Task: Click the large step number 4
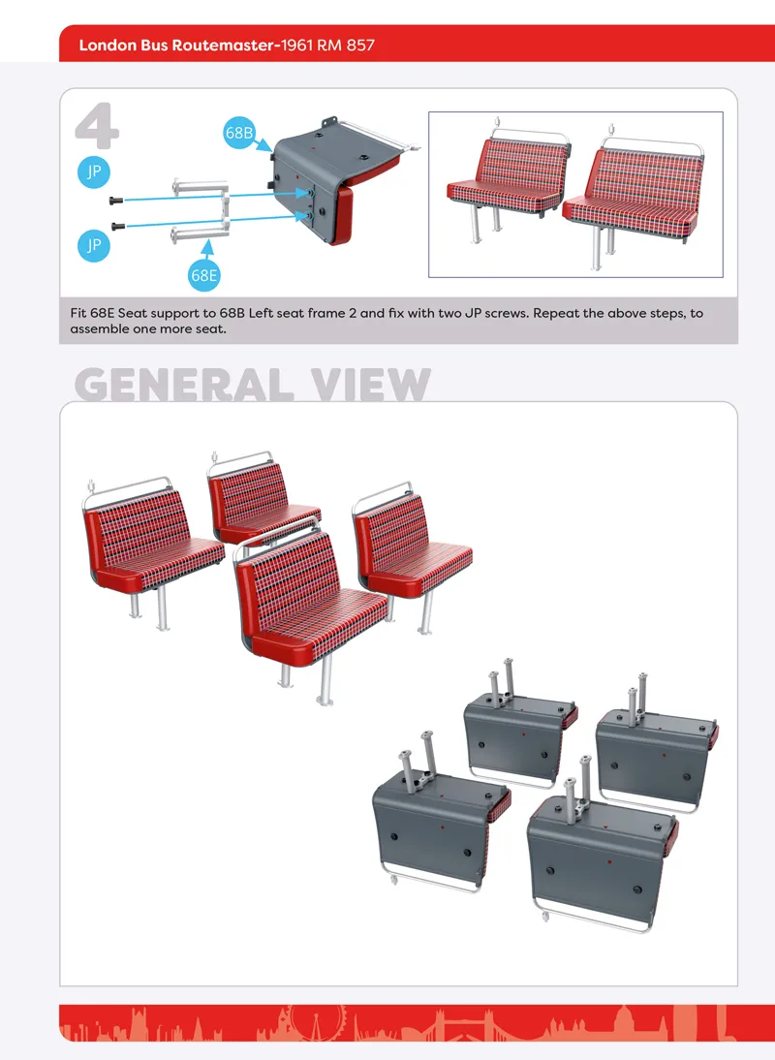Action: click(x=97, y=126)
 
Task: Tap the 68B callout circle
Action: click(x=238, y=133)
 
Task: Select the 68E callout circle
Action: click(x=203, y=275)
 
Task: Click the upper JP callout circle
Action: click(x=94, y=171)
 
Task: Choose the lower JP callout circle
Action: click(x=94, y=245)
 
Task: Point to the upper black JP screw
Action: click(x=116, y=201)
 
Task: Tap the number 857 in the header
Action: click(x=360, y=46)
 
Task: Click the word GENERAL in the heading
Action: click(x=184, y=386)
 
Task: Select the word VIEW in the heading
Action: click(x=370, y=386)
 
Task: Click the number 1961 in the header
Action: click(x=296, y=46)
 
